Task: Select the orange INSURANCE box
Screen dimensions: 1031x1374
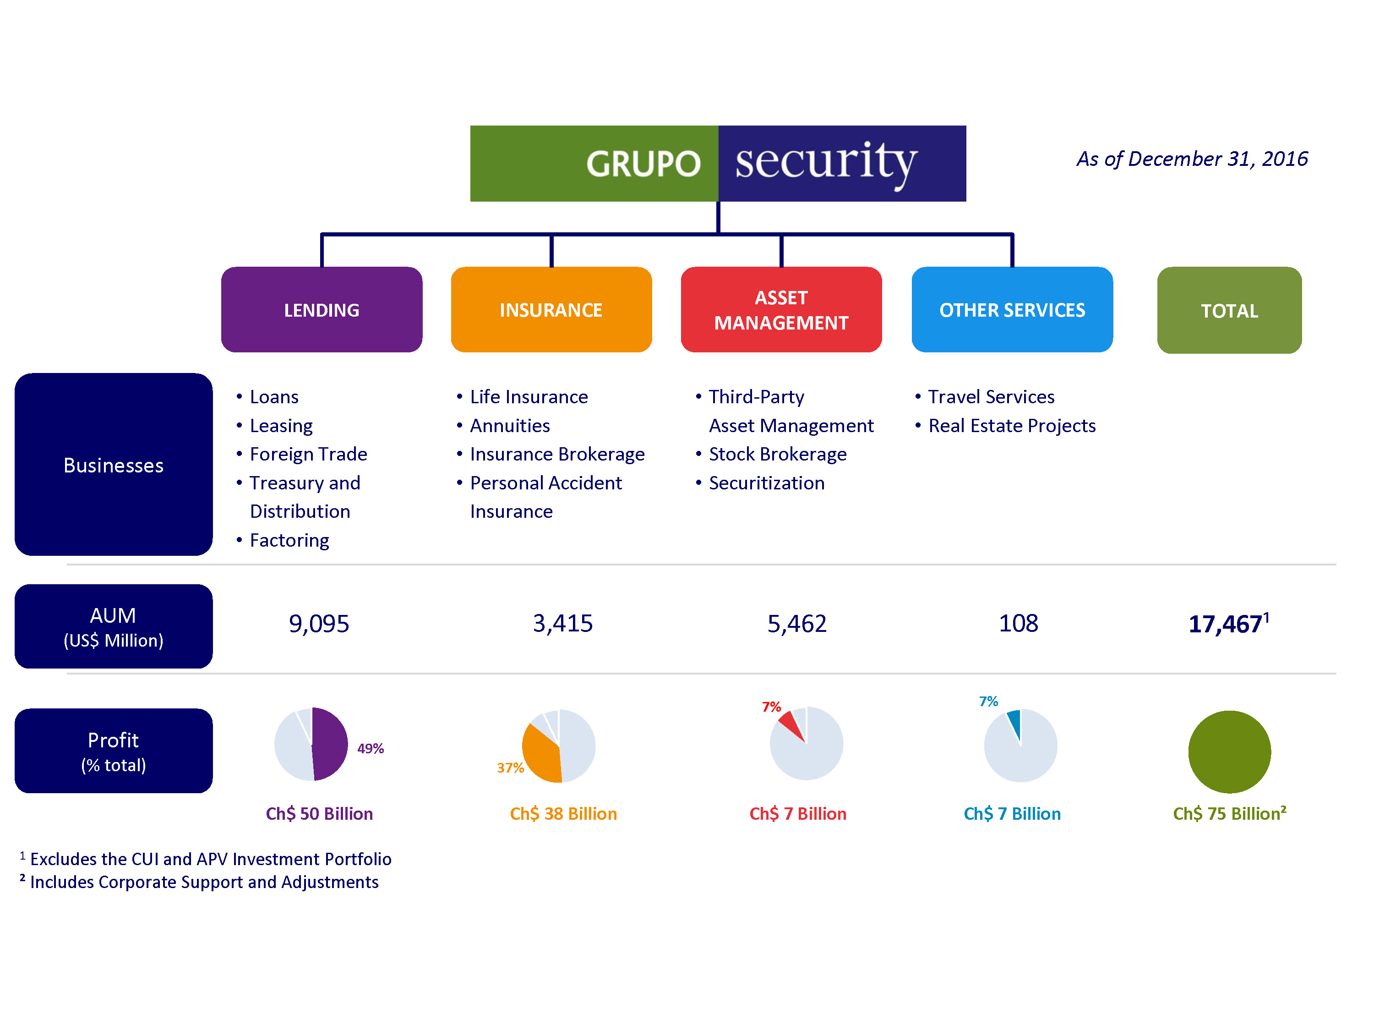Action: (551, 309)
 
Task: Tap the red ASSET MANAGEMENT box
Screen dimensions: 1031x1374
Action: (781, 309)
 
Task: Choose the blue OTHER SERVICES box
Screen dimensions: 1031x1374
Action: (1012, 309)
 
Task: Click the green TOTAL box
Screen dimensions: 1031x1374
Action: (1229, 310)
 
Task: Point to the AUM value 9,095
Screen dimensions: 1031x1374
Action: (319, 623)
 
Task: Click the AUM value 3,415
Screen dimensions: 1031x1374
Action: (563, 623)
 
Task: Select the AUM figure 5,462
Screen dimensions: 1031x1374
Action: (797, 623)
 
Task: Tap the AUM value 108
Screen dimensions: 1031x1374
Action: (1018, 623)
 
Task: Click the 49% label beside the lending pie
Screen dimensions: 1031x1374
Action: (370, 748)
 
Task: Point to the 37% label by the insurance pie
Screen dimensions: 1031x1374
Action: (510, 768)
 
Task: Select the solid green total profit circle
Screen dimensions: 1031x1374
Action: (1229, 751)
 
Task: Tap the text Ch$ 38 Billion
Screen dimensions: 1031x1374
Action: (563, 813)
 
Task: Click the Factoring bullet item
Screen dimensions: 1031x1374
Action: (289, 540)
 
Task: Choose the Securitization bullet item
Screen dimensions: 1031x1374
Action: (767, 483)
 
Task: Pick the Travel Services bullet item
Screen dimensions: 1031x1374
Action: (991, 396)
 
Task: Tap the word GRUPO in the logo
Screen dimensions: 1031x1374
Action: (643, 164)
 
